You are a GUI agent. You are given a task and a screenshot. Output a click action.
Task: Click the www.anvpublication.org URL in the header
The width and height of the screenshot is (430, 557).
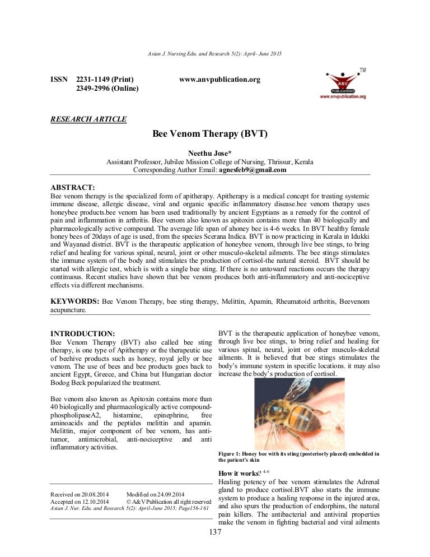point(219,80)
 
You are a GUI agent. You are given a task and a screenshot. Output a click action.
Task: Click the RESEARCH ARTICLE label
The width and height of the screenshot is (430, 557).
point(88,119)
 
